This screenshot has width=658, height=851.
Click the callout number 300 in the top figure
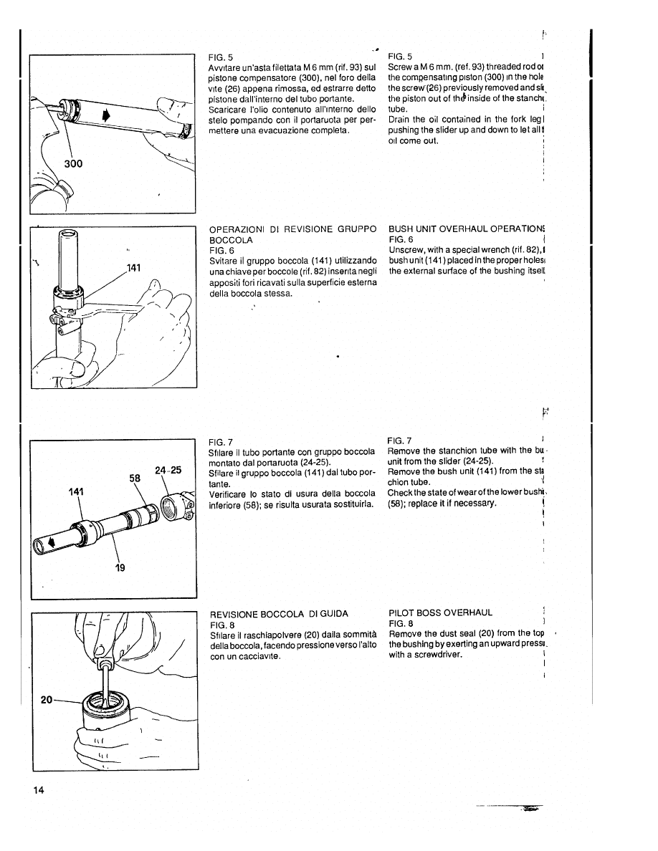click(x=72, y=163)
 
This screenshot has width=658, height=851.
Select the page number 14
click(x=38, y=790)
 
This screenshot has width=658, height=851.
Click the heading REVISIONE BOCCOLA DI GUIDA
click(x=277, y=614)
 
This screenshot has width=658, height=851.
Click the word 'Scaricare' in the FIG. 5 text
click(x=229, y=110)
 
